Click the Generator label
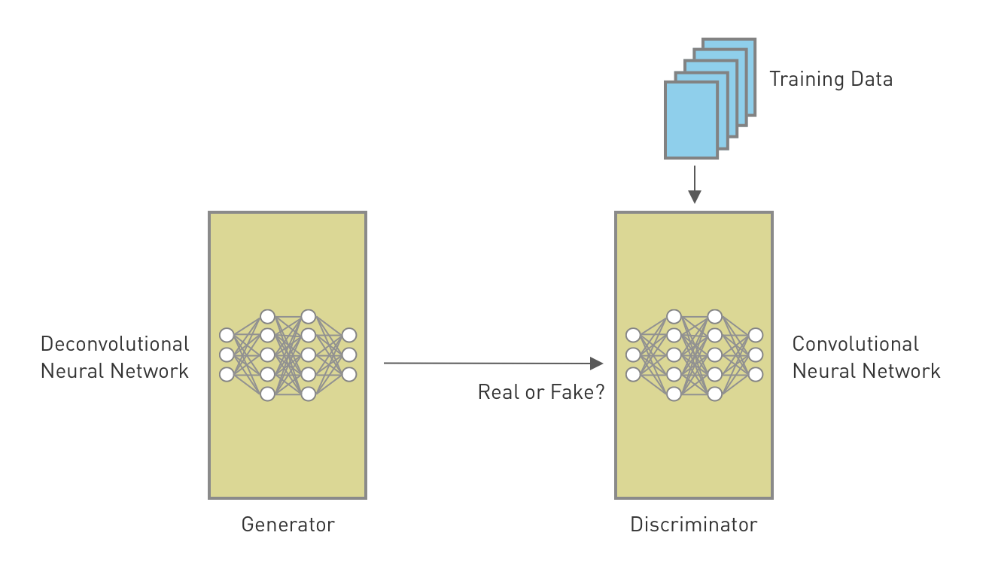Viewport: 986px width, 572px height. [x=288, y=525]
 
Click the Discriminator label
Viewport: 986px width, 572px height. [x=694, y=525]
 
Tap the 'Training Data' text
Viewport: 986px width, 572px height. [x=830, y=79]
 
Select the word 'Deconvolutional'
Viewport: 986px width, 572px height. [x=114, y=344]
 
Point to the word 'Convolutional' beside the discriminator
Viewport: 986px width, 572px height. [x=855, y=344]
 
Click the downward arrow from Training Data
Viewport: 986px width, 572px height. [x=694, y=184]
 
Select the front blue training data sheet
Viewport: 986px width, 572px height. [x=691, y=120]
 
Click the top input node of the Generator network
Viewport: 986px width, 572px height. [x=227, y=335]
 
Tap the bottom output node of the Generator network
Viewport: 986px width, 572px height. [x=349, y=374]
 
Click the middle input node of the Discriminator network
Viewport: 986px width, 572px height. [x=633, y=354]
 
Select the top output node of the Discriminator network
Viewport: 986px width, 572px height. [x=756, y=335]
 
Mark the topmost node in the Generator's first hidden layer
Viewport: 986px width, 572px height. [x=267, y=316]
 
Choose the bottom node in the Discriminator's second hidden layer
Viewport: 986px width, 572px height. [x=715, y=393]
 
